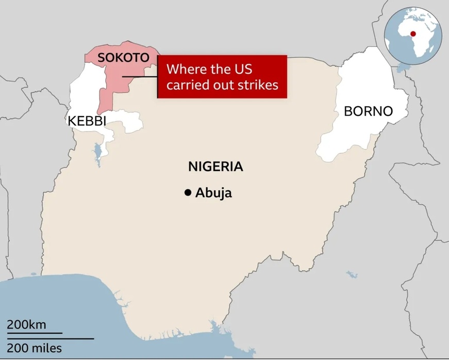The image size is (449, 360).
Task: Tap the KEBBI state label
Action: [87, 121]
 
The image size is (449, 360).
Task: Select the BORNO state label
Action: [368, 111]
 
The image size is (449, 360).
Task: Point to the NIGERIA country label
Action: [215, 167]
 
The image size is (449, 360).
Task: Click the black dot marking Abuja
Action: [188, 193]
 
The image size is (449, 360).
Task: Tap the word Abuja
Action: [213, 193]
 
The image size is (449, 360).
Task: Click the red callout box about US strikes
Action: [222, 76]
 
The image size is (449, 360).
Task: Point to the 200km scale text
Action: [26, 325]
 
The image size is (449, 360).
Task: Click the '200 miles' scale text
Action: [34, 348]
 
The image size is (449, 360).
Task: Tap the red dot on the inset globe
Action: [412, 34]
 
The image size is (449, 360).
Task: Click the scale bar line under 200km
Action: [34, 333]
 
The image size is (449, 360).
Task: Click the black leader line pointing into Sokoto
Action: [139, 77]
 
